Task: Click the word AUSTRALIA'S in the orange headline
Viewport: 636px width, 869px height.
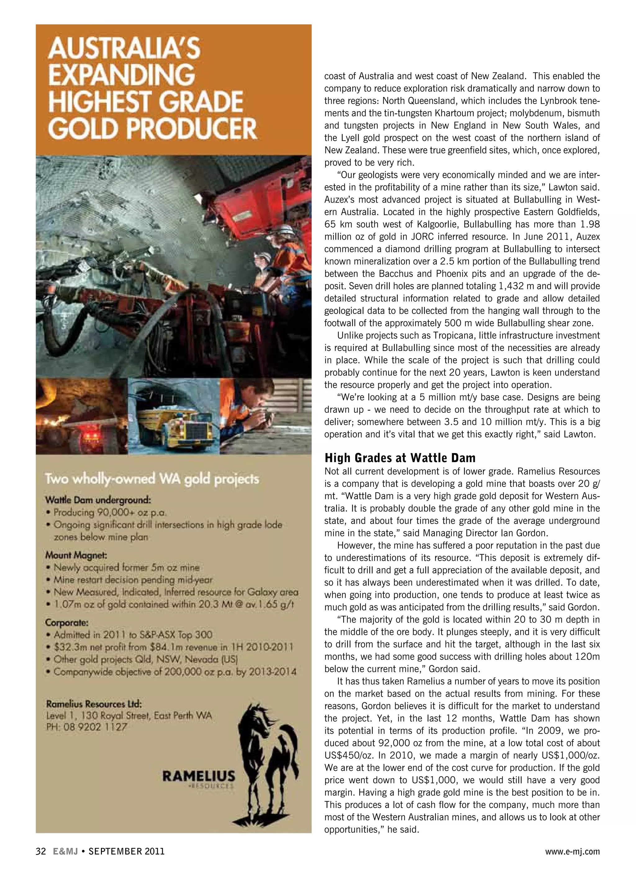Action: tap(124, 48)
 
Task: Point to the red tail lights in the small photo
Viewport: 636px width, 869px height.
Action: tap(87, 436)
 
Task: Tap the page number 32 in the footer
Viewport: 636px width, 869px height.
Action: tap(41, 851)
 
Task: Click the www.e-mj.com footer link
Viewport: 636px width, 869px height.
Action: tap(572, 851)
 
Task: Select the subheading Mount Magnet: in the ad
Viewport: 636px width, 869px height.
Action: tap(76, 555)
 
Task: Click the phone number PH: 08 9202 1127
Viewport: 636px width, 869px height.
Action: tap(87, 727)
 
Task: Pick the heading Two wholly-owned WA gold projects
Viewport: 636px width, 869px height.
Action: tap(152, 479)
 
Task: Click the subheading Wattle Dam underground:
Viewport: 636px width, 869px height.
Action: tap(98, 500)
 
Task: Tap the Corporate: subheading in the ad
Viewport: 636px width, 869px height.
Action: tap(66, 623)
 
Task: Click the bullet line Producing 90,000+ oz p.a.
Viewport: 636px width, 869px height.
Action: tap(110, 513)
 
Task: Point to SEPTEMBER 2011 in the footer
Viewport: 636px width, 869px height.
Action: tap(126, 851)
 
